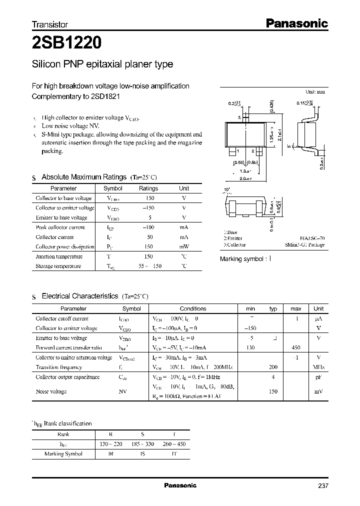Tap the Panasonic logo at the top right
point(295,23)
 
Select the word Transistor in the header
point(50,24)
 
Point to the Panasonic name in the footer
point(180,485)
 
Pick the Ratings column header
point(148,188)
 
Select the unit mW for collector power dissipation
point(184,247)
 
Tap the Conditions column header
point(193,308)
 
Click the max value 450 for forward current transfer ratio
point(295,347)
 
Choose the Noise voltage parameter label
point(51,391)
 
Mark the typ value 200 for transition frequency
point(273,367)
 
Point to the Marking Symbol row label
point(63,454)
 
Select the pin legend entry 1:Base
point(230,232)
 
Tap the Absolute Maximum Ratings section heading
point(84,177)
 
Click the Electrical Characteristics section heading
point(80,296)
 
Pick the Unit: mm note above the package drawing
point(315,92)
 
